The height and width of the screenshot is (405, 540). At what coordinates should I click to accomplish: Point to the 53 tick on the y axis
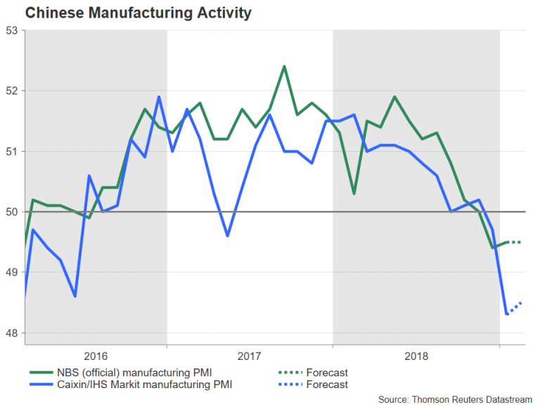point(12,30)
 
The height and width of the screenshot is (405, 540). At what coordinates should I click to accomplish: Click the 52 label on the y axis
point(12,91)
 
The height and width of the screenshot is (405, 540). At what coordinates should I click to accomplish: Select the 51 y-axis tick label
point(12,151)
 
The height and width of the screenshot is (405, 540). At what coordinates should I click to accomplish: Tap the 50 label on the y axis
point(12,212)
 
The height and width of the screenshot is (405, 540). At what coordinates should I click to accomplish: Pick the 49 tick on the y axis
point(12,272)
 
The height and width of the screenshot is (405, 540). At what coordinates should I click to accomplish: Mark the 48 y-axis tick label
point(12,333)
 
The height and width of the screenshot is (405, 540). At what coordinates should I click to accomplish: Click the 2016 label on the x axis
point(96,356)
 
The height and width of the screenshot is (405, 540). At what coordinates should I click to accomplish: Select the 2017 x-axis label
point(250,356)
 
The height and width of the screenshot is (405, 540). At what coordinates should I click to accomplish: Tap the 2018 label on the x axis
point(416,356)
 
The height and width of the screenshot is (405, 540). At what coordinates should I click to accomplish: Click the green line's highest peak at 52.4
point(283,67)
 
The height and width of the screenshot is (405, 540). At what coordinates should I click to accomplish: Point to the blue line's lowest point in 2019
point(506,314)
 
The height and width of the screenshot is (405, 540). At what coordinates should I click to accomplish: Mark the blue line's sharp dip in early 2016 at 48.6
point(75,296)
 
